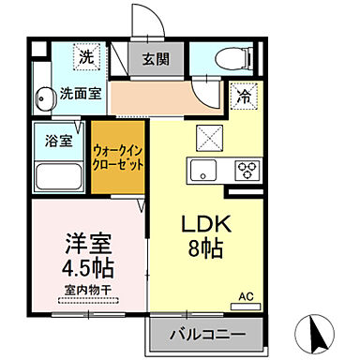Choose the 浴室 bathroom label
tap(53, 142)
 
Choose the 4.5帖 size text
tap(86, 267)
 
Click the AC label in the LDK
tap(247, 297)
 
